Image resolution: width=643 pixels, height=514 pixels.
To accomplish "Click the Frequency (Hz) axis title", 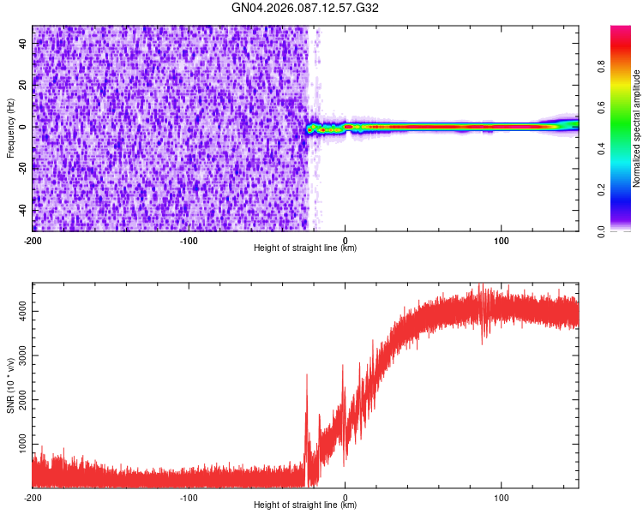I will coord(10,128).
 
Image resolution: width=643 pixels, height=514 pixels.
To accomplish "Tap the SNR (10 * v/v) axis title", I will coord(10,385).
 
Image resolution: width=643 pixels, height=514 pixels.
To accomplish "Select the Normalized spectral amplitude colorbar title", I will coord(637,128).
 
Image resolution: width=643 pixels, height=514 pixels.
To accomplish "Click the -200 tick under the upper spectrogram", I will coord(33,239).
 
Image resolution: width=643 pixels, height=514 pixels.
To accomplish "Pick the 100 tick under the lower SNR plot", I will coord(502,497).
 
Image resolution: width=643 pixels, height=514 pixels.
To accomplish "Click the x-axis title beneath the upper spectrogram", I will coord(305,248).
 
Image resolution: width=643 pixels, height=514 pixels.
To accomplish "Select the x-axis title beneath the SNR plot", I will coord(305,505).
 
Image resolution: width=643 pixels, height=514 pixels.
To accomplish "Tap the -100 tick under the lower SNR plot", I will coord(189,497).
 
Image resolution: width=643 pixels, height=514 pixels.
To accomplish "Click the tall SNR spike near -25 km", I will coord(306,377).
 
